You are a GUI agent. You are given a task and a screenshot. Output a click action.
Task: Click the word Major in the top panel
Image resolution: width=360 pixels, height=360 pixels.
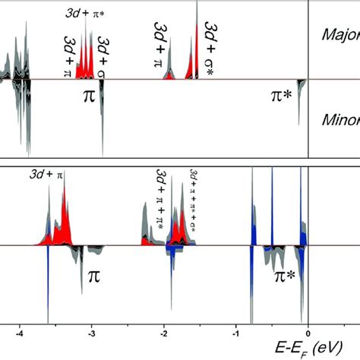tap(339, 34)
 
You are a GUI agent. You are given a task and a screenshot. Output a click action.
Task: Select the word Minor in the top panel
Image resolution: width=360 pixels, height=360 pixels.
tap(339, 120)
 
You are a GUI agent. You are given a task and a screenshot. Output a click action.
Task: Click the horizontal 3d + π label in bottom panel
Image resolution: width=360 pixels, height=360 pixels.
tap(47, 174)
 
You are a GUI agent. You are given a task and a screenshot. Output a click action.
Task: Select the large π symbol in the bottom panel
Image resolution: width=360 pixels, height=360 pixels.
tap(94, 275)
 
